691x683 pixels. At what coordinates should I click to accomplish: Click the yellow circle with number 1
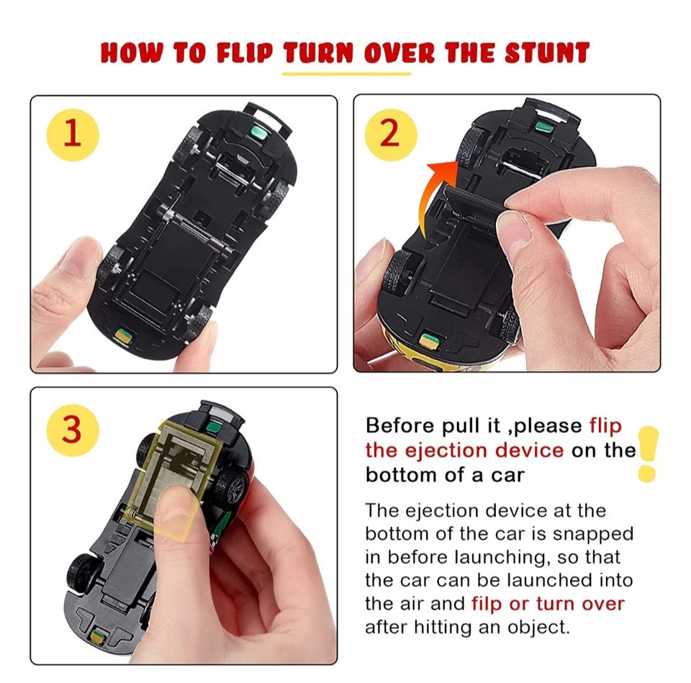coord(73,135)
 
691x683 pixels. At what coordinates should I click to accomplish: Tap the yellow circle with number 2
coord(391,135)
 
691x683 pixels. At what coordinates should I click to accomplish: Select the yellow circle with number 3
coord(73,430)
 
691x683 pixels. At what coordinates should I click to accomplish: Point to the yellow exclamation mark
coord(648,453)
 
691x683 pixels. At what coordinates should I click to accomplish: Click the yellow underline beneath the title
coord(346,73)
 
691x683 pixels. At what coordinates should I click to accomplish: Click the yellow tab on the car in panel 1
coord(123,336)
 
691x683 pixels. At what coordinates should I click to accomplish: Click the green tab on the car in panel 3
coord(214,427)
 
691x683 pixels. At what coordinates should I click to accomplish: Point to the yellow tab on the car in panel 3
coord(97,637)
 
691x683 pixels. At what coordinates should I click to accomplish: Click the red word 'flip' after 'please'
coord(605,427)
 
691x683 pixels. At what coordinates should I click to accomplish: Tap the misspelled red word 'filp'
coord(487,603)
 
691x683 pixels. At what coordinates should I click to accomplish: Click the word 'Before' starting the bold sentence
coord(400,425)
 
